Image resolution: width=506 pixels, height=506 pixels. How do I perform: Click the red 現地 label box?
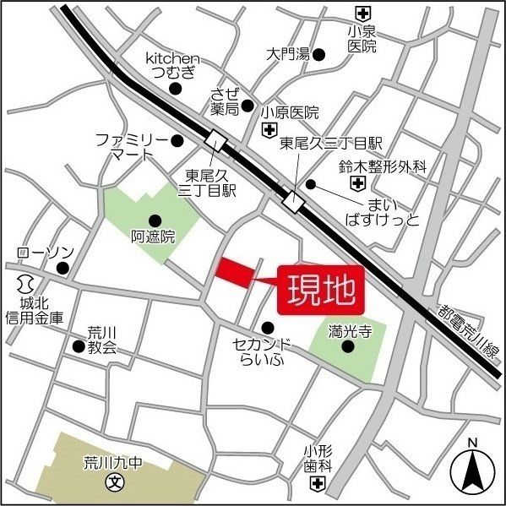tap(322, 291)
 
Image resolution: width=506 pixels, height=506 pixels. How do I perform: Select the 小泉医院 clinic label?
tap(362, 39)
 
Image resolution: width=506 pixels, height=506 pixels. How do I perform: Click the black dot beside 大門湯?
tap(319, 55)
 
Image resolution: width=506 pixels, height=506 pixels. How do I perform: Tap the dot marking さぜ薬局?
tap(248, 106)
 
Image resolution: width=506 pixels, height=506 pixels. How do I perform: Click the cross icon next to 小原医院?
tap(269, 129)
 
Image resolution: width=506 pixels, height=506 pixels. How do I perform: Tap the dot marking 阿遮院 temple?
tap(155, 220)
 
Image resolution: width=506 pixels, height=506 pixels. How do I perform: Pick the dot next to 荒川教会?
tap(78, 346)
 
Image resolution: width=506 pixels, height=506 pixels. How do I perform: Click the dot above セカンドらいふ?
tap(267, 328)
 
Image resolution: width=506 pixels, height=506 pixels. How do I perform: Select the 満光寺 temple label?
tap(348, 333)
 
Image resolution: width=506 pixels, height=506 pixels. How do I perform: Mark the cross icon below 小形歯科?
tap(318, 482)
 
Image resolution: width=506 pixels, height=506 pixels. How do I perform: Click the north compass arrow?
tap(473, 470)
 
